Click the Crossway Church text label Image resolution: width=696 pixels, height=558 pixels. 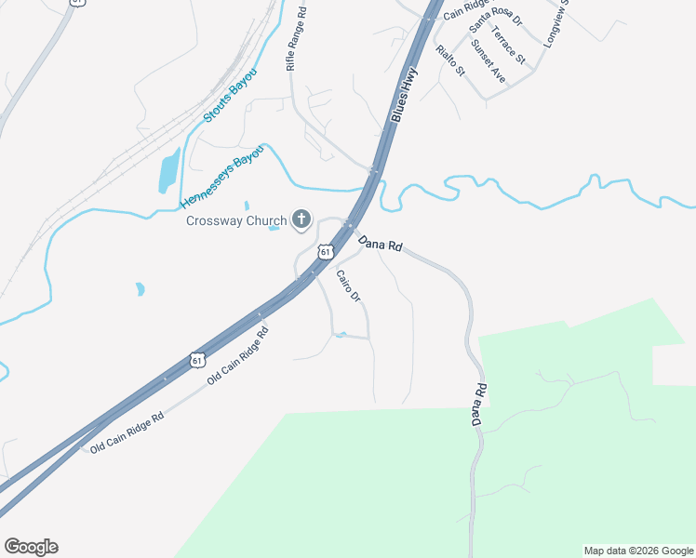pyautogui.click(x=236, y=220)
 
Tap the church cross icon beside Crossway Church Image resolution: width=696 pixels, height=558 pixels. pyautogui.click(x=301, y=219)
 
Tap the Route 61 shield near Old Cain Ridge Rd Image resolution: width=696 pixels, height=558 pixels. pyautogui.click(x=196, y=359)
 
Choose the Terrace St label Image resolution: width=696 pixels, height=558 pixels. pyautogui.click(x=509, y=46)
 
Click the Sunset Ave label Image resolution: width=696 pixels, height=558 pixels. pyautogui.click(x=488, y=62)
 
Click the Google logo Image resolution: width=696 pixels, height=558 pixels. pyautogui.click(x=31, y=547)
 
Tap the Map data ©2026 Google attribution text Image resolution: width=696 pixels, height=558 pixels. pyautogui.click(x=638, y=551)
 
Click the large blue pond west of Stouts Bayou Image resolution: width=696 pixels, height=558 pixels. pyautogui.click(x=168, y=170)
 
